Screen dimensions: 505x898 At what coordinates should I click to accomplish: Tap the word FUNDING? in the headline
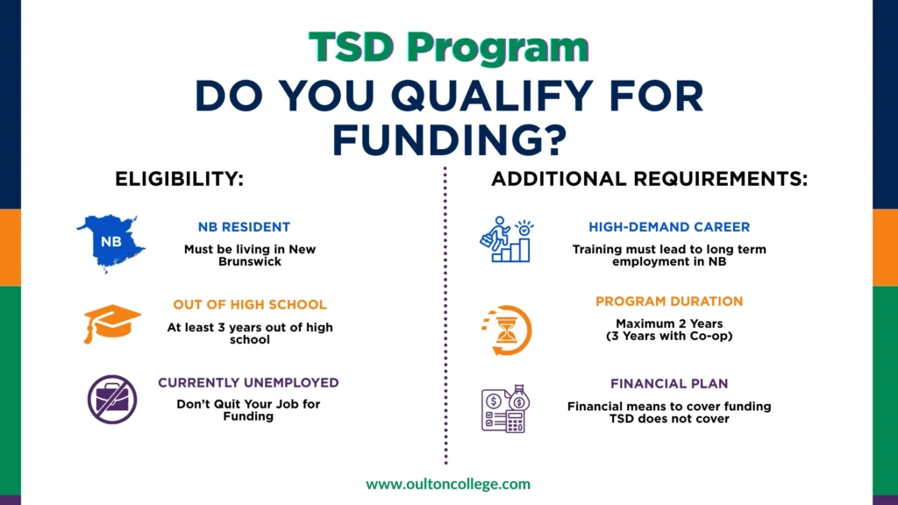[x=448, y=138]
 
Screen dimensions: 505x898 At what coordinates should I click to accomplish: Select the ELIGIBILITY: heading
[x=179, y=180]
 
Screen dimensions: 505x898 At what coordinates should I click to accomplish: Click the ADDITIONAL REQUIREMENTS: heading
[x=650, y=180]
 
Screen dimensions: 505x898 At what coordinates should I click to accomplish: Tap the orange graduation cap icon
[x=111, y=323]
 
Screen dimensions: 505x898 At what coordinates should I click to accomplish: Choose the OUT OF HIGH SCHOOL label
[x=249, y=305]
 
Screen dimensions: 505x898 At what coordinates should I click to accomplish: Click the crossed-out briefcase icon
[x=111, y=400]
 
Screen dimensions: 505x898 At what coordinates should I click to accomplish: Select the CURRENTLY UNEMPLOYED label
[x=248, y=383]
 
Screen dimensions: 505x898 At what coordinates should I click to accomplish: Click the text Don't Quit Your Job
[x=248, y=404]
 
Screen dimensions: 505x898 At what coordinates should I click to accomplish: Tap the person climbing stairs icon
[x=506, y=239]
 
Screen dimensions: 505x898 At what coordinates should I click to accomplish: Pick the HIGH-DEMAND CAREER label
[x=669, y=227]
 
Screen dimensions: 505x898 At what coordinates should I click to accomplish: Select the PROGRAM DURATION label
[x=669, y=302]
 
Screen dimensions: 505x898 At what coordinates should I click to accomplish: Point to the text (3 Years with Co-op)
[x=669, y=335]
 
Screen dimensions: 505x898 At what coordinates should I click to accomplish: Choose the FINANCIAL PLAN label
[x=669, y=384]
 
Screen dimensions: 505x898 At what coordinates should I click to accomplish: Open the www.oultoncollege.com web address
[x=448, y=483]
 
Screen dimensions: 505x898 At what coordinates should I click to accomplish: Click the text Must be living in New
[x=249, y=249]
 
